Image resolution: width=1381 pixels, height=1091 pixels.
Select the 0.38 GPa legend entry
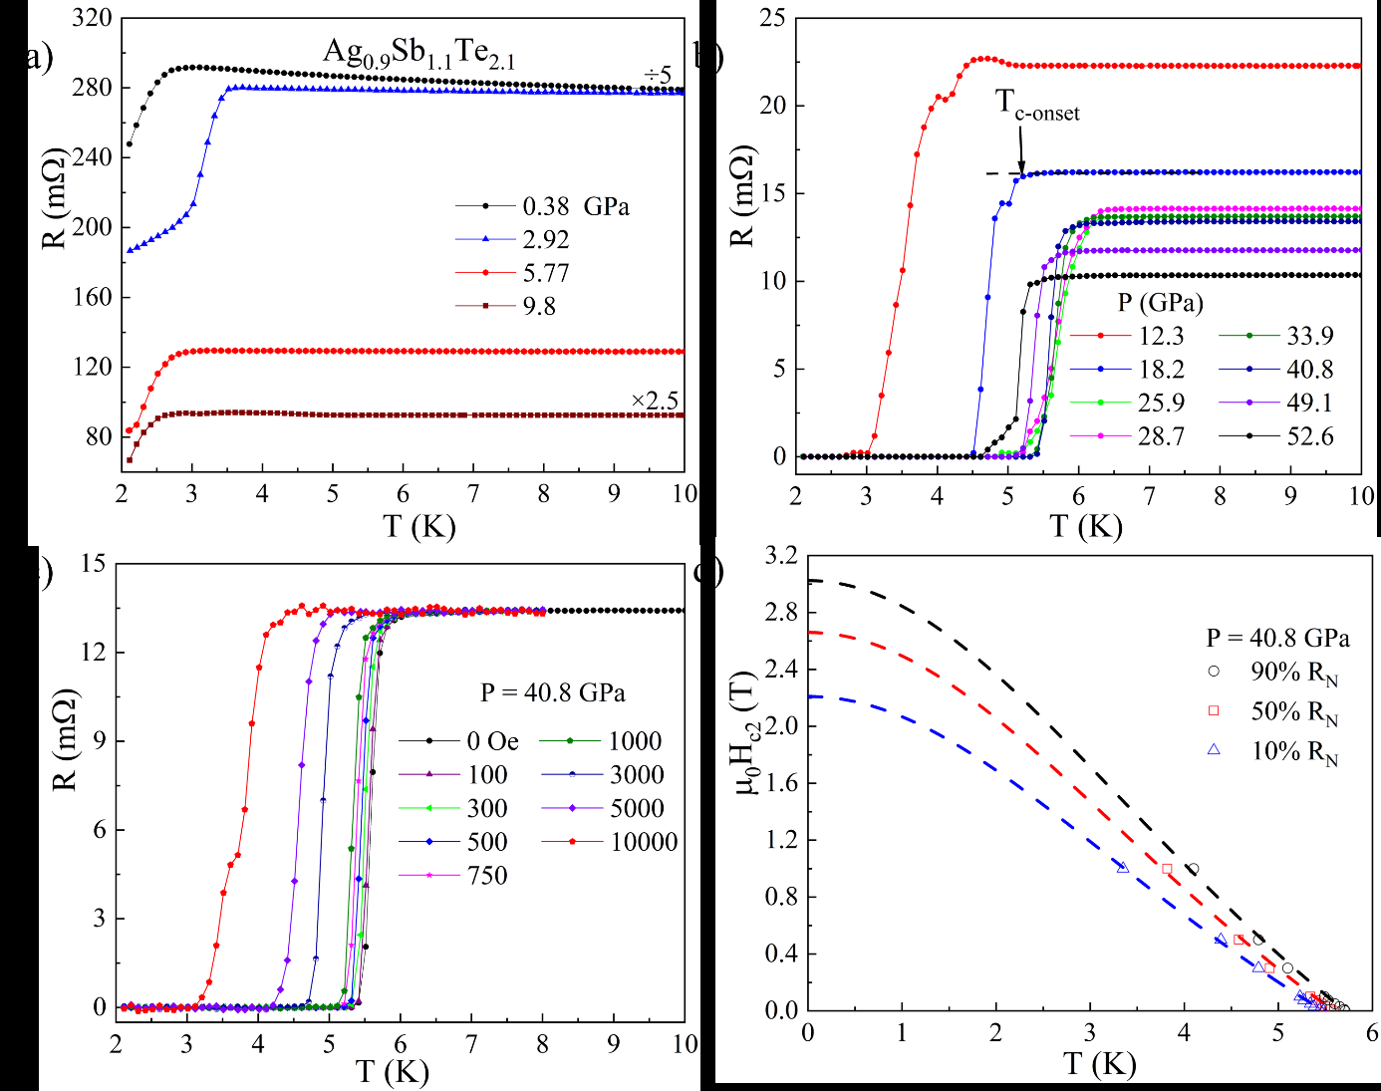(575, 206)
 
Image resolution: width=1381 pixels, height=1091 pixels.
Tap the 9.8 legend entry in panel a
(539, 306)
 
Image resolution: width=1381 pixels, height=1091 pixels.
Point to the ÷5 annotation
(657, 75)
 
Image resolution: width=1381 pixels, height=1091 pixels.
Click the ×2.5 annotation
(655, 402)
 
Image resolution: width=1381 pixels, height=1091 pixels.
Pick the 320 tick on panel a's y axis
(92, 19)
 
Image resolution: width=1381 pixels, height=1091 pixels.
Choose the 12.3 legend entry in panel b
(1161, 336)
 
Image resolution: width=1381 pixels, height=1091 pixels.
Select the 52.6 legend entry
(1309, 436)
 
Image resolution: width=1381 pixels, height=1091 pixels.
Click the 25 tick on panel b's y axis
(772, 18)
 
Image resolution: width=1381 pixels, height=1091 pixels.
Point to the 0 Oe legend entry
(492, 741)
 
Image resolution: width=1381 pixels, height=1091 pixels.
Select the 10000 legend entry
(644, 842)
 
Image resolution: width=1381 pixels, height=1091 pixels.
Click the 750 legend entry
(487, 876)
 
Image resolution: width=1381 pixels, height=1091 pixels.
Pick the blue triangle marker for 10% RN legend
(1214, 749)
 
